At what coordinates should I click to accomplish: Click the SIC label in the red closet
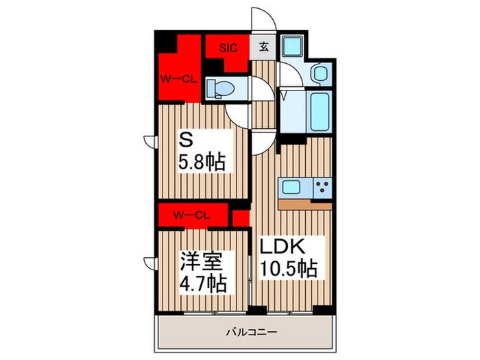(x=228, y=48)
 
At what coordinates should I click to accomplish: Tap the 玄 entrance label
(x=264, y=47)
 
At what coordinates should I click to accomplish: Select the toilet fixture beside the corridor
(x=220, y=88)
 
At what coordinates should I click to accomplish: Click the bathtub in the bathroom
(x=320, y=112)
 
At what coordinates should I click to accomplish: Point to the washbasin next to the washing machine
(x=320, y=73)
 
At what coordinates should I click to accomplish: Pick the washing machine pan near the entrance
(x=291, y=46)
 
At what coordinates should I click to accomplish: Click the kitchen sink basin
(x=291, y=187)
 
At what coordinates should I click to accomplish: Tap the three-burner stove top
(x=322, y=187)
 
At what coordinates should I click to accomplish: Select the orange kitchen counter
(x=305, y=204)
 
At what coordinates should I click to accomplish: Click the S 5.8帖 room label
(x=202, y=152)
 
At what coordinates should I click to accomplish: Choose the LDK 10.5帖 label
(x=288, y=257)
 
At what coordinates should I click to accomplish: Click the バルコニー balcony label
(x=252, y=331)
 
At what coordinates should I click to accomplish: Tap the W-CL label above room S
(x=178, y=80)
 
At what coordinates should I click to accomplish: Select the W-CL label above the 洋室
(x=191, y=215)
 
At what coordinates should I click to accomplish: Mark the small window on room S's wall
(x=151, y=141)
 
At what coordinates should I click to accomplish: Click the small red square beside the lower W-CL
(x=241, y=218)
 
